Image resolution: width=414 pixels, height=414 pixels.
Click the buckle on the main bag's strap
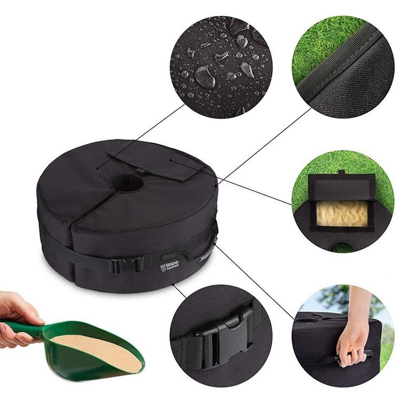(124, 265)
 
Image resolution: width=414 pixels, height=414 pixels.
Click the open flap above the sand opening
(342, 186)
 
